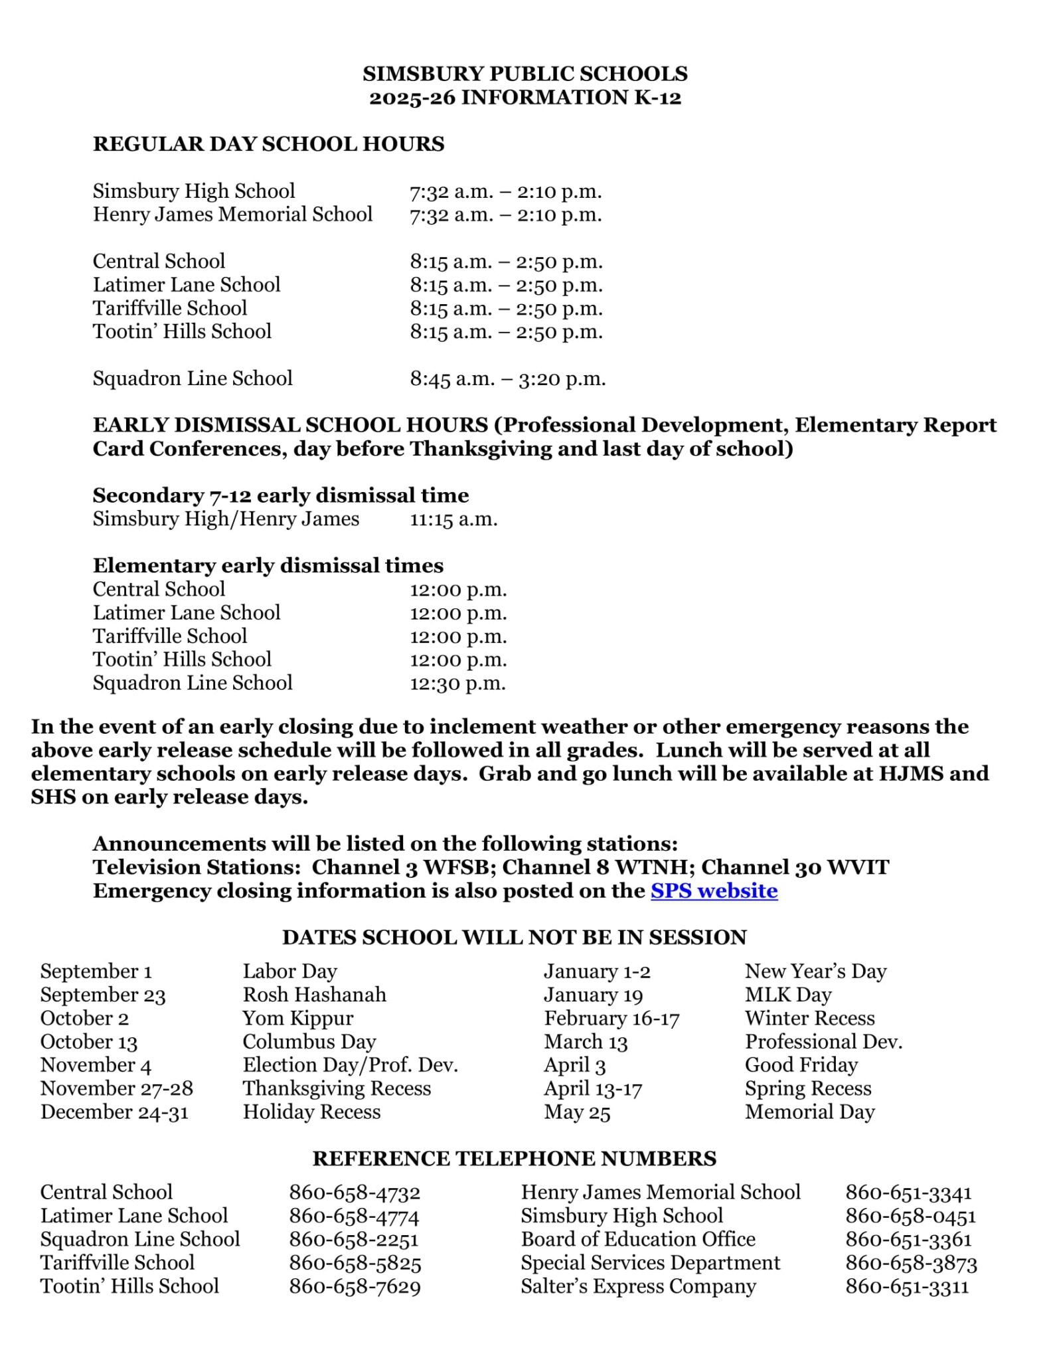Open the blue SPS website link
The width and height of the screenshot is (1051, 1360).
point(714,891)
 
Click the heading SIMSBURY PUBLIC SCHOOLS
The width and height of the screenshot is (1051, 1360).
point(525,74)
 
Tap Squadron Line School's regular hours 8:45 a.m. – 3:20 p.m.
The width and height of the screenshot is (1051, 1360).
point(507,379)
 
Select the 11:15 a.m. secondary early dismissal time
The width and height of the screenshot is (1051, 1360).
point(453,519)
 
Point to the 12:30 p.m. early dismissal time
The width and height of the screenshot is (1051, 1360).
point(457,683)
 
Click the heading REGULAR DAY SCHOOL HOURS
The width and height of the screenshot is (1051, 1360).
point(268,144)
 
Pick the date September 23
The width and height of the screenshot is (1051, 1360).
point(103,995)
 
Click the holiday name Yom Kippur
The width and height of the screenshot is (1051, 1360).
point(297,1018)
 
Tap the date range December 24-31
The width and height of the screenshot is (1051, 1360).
point(114,1112)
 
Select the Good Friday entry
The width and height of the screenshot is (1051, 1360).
point(801,1065)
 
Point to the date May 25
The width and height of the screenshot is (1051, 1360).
point(576,1112)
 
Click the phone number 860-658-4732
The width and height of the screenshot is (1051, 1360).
point(355,1192)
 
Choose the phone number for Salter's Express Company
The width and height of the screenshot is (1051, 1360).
point(907,1286)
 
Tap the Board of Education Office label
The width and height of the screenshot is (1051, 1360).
point(637,1239)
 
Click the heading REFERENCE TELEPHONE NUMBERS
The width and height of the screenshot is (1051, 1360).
point(514,1159)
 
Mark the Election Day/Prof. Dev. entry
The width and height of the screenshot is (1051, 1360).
point(350,1065)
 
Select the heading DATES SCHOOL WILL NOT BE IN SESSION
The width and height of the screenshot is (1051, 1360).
point(514,937)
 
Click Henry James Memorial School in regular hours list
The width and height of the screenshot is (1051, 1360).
point(232,214)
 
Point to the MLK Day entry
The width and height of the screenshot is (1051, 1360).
point(787,995)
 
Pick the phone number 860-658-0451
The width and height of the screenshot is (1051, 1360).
point(910,1216)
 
